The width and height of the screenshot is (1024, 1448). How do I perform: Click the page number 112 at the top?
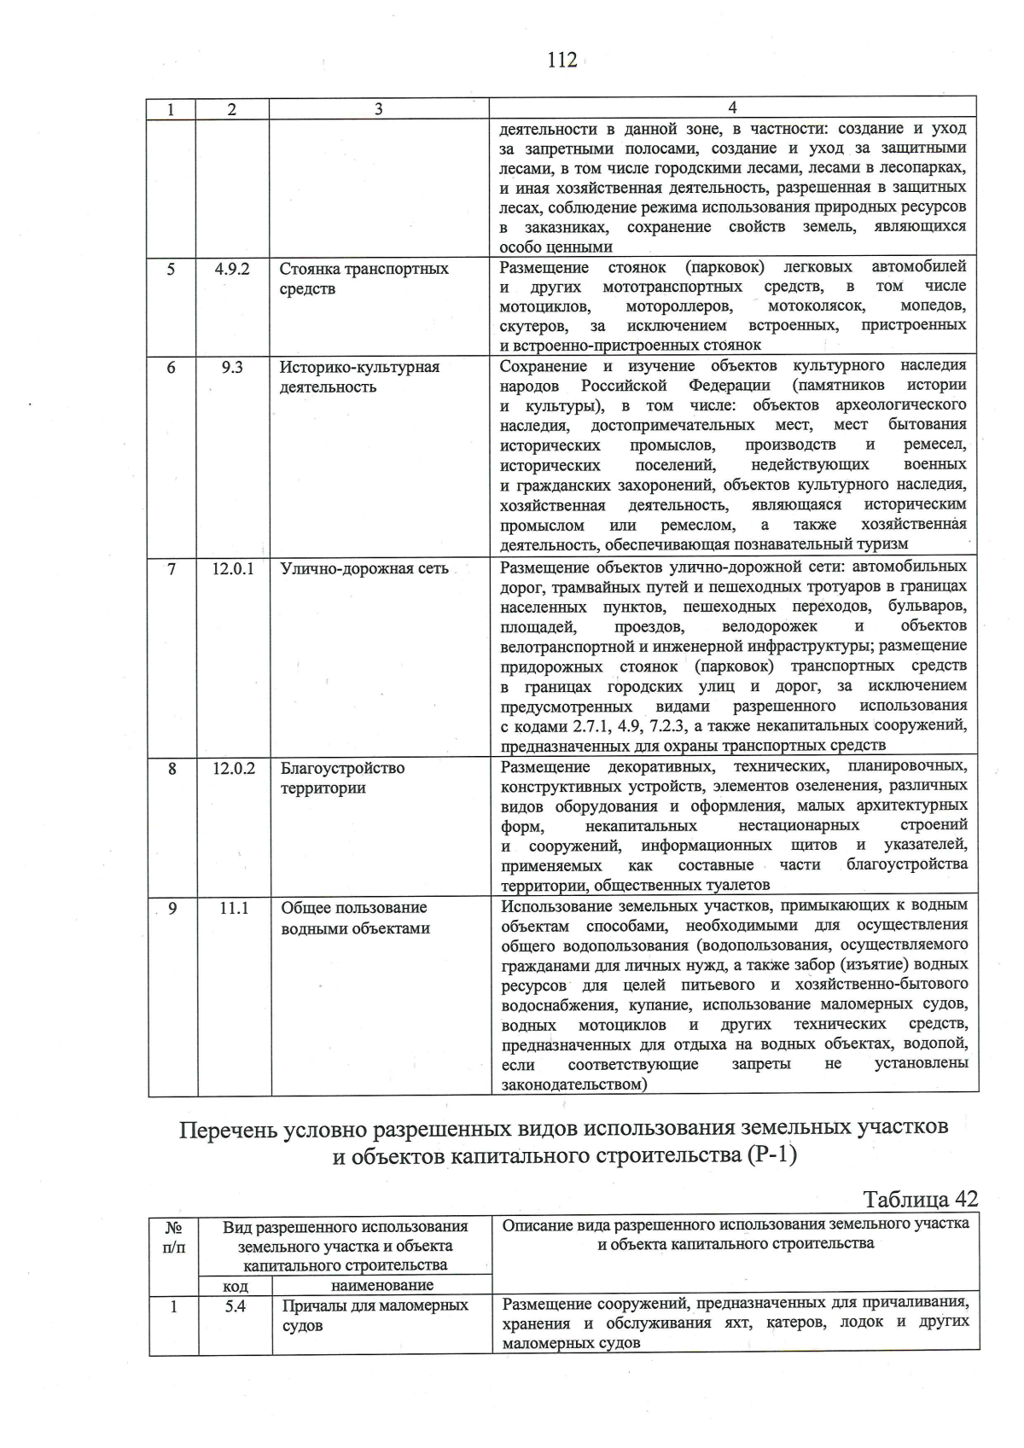click(x=562, y=60)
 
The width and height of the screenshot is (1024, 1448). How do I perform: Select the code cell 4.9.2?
click(x=232, y=269)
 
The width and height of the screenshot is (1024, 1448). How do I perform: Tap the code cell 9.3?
click(x=232, y=367)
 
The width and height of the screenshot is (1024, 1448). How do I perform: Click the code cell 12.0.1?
click(x=233, y=568)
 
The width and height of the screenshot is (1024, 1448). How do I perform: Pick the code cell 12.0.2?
click(x=234, y=768)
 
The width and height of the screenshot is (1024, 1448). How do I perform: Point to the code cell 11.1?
click(x=234, y=908)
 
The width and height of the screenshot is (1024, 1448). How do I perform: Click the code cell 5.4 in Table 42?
click(x=236, y=1306)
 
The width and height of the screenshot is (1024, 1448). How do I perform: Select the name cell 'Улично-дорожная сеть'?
click(x=364, y=568)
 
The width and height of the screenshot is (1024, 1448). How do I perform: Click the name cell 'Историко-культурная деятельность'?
click(x=360, y=376)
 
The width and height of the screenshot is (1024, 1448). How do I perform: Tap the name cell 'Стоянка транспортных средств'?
click(x=364, y=278)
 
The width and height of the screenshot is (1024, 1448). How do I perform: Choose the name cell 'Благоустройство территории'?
click(x=343, y=777)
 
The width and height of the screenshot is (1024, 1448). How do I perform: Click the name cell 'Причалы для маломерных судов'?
click(x=375, y=1315)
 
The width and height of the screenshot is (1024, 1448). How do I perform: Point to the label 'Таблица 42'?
click(x=921, y=1199)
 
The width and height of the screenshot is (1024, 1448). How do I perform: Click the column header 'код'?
click(x=236, y=1285)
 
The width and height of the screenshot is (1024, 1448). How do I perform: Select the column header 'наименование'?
click(x=381, y=1285)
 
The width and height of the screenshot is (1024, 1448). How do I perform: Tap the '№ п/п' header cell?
click(x=173, y=1236)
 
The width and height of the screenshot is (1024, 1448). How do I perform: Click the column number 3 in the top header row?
click(x=378, y=108)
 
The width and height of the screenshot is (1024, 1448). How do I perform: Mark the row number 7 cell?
click(x=172, y=568)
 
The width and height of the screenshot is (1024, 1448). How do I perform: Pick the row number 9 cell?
click(x=172, y=908)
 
